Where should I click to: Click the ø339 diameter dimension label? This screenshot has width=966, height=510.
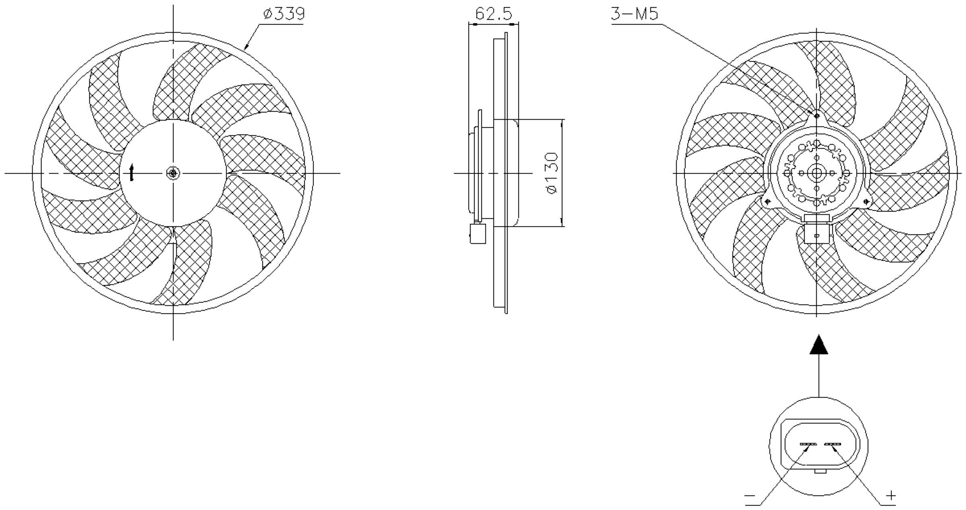pos(284,14)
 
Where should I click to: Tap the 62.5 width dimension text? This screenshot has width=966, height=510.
pos(493,14)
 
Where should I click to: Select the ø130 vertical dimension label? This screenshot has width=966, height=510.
pos(552,173)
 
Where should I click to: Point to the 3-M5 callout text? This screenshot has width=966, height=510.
pos(635,14)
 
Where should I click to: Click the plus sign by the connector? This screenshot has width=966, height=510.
pos(892,495)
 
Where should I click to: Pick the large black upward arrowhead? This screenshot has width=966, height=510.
pos(819,344)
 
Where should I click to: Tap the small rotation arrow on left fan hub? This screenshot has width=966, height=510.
pos(131,172)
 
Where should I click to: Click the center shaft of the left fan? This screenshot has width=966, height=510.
pos(173,173)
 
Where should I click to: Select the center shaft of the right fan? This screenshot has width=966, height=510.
pos(817,173)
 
